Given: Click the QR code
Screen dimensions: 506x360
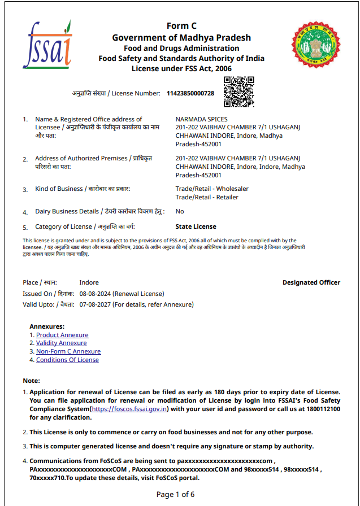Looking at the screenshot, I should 239,92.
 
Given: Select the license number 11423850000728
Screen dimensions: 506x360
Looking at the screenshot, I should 190,93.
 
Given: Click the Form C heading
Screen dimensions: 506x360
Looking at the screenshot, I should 181,26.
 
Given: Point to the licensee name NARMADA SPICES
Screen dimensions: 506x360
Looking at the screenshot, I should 202,119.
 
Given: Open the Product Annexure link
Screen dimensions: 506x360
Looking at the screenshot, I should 62,335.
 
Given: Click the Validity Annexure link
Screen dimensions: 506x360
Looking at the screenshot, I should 62,343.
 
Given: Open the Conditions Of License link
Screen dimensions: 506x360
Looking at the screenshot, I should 67,360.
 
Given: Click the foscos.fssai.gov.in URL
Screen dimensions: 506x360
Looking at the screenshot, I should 130,409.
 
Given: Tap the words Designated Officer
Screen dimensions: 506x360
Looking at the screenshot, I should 311,282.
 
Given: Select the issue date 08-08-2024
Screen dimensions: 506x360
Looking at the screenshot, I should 95,294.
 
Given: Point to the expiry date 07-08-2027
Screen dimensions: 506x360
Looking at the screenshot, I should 95,304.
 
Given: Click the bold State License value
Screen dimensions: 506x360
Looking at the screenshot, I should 196,226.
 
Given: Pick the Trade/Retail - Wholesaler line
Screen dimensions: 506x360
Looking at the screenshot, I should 212,189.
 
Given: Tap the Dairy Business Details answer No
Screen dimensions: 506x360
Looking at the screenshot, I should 180,211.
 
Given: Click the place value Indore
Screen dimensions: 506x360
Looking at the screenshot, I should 89,282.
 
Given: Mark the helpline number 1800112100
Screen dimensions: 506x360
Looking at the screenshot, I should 320,409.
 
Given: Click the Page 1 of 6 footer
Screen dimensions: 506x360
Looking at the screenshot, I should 175,494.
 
